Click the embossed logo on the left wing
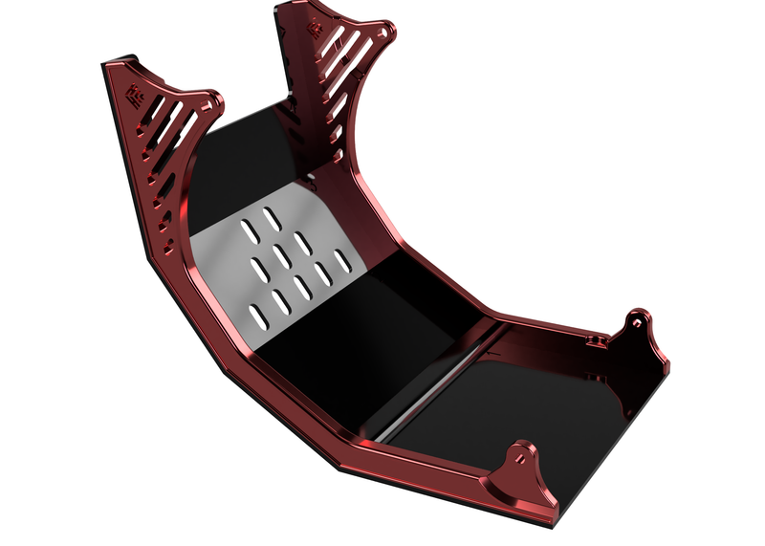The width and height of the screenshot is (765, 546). pyautogui.click(x=135, y=95)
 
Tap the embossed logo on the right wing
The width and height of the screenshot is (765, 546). pyautogui.click(x=315, y=29)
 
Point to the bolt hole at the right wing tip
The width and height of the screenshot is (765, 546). pyautogui.click(x=384, y=32)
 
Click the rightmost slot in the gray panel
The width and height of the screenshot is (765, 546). pyautogui.click(x=341, y=259)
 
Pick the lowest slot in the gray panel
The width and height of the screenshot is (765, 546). pyautogui.click(x=252, y=311)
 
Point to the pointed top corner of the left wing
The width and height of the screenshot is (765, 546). pyautogui.click(x=107, y=67)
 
